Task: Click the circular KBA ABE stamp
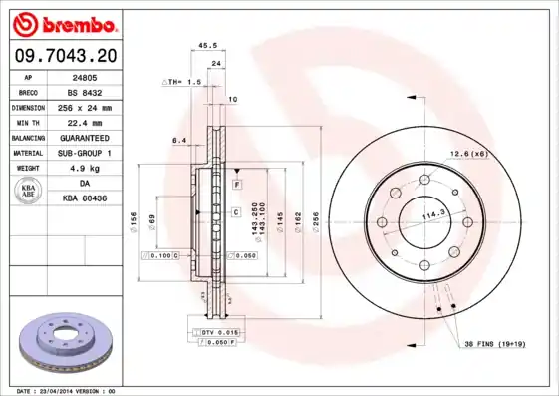click(x=29, y=192)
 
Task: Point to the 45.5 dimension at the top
click(x=207, y=45)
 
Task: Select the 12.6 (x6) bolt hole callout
click(x=467, y=153)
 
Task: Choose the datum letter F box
click(x=237, y=186)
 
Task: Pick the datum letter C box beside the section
click(x=236, y=212)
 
